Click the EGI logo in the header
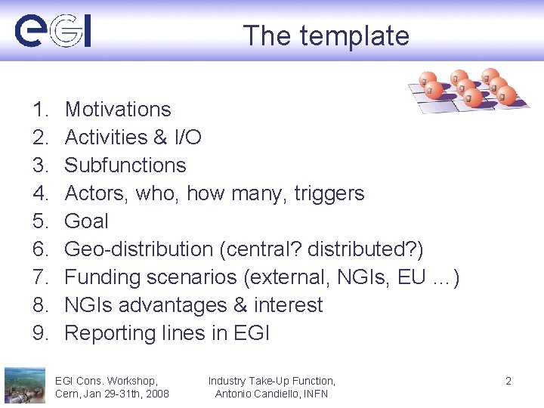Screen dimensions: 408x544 (x=53, y=32)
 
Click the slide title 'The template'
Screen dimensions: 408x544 (x=326, y=36)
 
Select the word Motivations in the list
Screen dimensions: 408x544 (x=118, y=110)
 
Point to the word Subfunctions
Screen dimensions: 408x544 (x=125, y=165)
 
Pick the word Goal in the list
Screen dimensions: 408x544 (x=86, y=221)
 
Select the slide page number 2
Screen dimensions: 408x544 (x=508, y=381)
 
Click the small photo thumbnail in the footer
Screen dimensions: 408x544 (x=24, y=385)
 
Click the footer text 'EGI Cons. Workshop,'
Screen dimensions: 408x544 (x=107, y=381)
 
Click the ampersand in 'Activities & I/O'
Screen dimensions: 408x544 (x=159, y=138)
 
